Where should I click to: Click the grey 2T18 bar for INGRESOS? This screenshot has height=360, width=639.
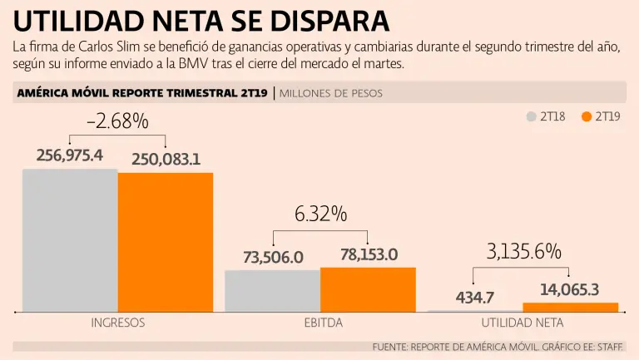(70, 239)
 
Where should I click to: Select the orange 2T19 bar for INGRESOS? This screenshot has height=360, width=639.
(166, 241)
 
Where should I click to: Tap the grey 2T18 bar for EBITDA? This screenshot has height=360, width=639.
(272, 290)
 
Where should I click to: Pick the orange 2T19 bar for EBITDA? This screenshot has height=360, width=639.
(368, 288)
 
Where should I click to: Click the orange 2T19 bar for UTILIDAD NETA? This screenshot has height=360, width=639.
(570, 307)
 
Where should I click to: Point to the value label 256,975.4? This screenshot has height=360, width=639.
(70, 155)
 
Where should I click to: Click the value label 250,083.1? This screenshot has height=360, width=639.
(166, 159)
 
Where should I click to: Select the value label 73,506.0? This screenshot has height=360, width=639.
(273, 258)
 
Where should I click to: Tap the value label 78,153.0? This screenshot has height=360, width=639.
(368, 254)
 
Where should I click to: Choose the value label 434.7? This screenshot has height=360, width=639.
(475, 297)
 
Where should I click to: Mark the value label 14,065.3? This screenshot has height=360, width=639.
(570, 289)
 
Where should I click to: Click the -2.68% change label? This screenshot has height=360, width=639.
(117, 121)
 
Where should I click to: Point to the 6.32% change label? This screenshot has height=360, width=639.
(320, 214)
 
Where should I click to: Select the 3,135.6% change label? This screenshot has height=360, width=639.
(523, 251)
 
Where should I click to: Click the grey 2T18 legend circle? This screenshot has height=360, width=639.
(532, 116)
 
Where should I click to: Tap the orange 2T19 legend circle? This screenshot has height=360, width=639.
(587, 116)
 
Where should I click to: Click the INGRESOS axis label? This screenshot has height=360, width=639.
(117, 323)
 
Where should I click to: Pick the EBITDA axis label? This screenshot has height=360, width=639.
(320, 323)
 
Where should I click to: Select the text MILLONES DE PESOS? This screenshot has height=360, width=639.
(331, 93)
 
